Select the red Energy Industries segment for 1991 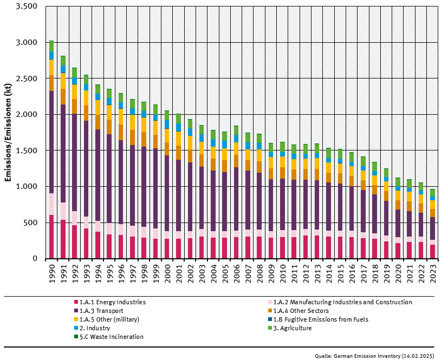point(63,239)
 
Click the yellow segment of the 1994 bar point(98,115)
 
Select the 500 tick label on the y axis point(31,222)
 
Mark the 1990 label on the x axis point(51,273)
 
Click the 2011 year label point(294,273)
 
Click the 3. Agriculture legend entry point(293,328)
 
